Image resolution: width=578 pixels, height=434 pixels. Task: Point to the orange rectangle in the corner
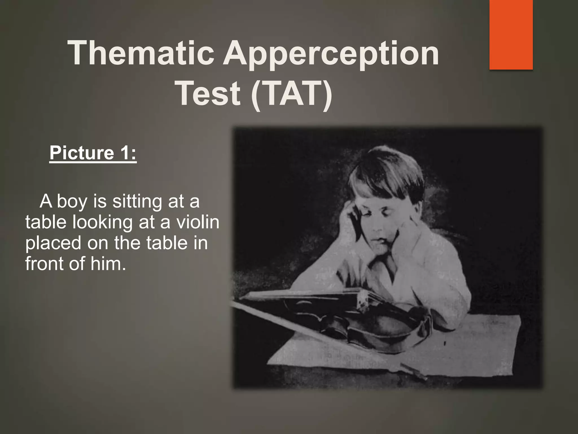[511, 34]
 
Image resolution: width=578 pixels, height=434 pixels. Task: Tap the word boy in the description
[72, 202]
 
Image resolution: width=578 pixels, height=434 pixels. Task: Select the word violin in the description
[198, 222]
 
